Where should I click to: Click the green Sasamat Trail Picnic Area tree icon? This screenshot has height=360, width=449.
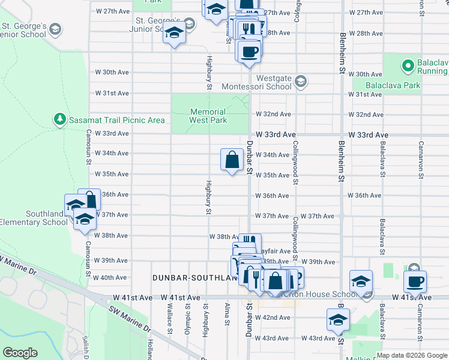[x=59, y=119]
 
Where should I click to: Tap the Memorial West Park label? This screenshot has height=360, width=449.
[x=208, y=116]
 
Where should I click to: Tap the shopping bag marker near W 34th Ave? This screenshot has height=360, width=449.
[x=232, y=160]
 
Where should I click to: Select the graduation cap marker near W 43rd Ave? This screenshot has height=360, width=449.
[x=338, y=319]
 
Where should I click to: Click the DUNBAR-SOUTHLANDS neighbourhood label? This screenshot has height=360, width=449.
[x=191, y=278]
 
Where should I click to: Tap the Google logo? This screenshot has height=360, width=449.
[x=20, y=353]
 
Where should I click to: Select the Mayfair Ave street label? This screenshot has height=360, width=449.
[x=276, y=251]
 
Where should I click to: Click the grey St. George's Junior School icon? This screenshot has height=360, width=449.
[x=190, y=24]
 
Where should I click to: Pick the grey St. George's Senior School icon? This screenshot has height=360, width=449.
[x=55, y=29]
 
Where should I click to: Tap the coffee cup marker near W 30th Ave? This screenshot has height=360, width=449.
[x=249, y=51]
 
